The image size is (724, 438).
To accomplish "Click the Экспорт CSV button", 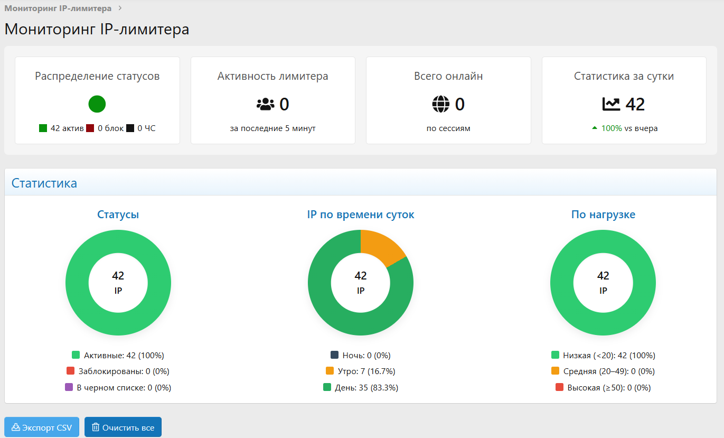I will tap(42, 427).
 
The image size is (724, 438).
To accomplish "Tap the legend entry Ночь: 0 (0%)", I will tap(361, 356).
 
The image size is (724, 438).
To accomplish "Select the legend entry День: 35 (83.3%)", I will tap(361, 388).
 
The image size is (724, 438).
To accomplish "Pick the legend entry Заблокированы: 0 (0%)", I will tap(118, 371).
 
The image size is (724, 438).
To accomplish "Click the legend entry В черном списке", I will tap(118, 388).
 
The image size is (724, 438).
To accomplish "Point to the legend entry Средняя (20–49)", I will tap(603, 371).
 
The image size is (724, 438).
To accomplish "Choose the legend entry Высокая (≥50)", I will tap(603, 388).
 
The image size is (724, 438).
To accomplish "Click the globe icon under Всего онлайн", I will tap(441, 104).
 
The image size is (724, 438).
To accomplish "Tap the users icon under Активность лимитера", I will tap(265, 104).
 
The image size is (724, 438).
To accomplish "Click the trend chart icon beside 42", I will tap(612, 104).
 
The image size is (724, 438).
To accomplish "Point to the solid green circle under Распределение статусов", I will tap(97, 104).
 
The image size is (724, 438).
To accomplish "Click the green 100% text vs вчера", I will tap(612, 128).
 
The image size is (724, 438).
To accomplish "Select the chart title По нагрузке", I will tap(603, 215).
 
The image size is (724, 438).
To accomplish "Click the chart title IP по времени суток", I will tap(361, 215).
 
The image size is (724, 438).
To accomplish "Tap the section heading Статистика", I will tap(44, 183).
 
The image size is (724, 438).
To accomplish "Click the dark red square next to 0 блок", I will tap(90, 128).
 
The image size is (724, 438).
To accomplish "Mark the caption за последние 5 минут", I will tap(272, 128).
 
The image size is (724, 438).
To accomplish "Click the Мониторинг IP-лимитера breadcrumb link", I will tap(58, 8).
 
